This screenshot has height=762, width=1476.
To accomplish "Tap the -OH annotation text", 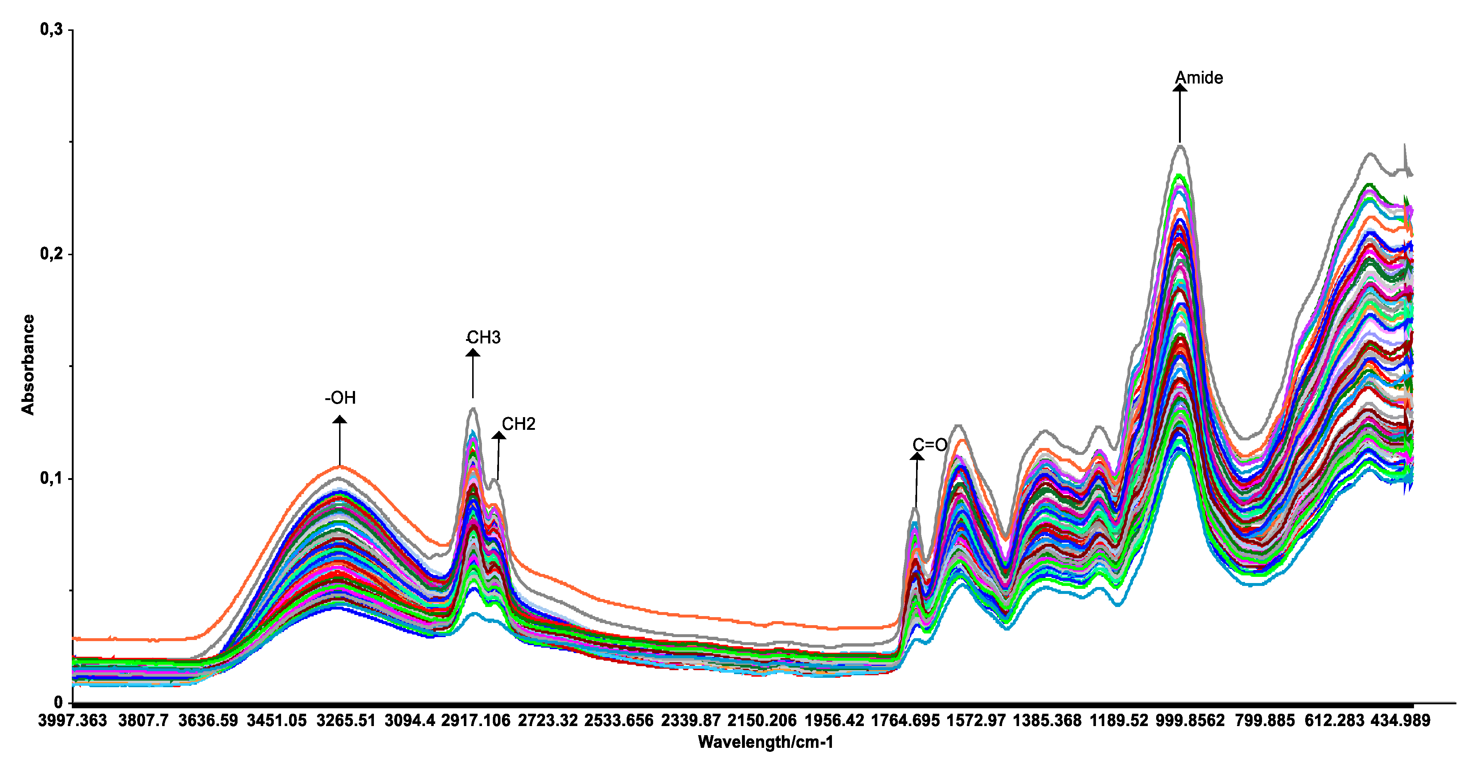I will pos(341,398).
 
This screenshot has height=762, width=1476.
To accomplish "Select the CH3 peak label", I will pos(483,337).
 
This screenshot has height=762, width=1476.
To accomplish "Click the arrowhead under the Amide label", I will pos(1179,88).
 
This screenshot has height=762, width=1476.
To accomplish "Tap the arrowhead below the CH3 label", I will pos(473,352).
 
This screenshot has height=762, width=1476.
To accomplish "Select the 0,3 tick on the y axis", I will pos(51,29).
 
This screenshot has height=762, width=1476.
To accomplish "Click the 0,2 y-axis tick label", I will pos(51,254).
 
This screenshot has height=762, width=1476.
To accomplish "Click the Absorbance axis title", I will pos(28,364).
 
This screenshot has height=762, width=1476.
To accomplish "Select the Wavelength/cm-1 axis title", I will pos(766,742).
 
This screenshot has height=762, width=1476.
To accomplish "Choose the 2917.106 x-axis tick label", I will pos(475,720).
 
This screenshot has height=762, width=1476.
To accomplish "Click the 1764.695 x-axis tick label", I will pos(905,720).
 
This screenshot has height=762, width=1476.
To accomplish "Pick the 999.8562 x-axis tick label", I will pos(1190,720).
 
